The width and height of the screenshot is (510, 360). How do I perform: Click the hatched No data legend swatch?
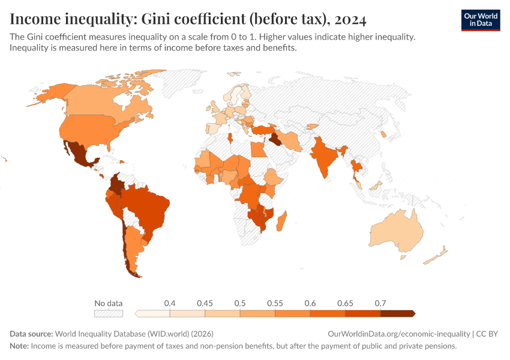pos(108,313)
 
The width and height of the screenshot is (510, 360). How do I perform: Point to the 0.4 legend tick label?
pos(170,303)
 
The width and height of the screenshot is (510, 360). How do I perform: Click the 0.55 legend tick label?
pos(275,303)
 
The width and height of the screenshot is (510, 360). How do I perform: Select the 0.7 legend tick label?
pos(380,303)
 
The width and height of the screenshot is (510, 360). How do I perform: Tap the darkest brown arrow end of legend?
pos(410,313)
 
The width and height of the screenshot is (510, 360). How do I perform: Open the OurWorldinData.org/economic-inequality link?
pos(399,334)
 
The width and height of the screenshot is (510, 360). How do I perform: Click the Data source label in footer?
pos(31,334)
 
